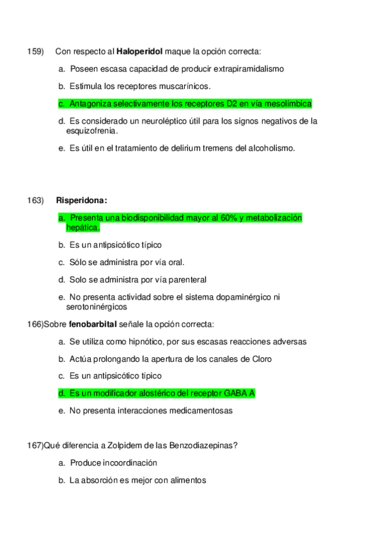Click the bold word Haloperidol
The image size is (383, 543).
click(139, 51)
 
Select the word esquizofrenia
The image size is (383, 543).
click(91, 131)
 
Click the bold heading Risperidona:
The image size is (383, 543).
click(82, 200)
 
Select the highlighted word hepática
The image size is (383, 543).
click(82, 227)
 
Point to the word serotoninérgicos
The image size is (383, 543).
click(97, 307)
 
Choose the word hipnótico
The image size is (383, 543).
click(150, 341)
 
